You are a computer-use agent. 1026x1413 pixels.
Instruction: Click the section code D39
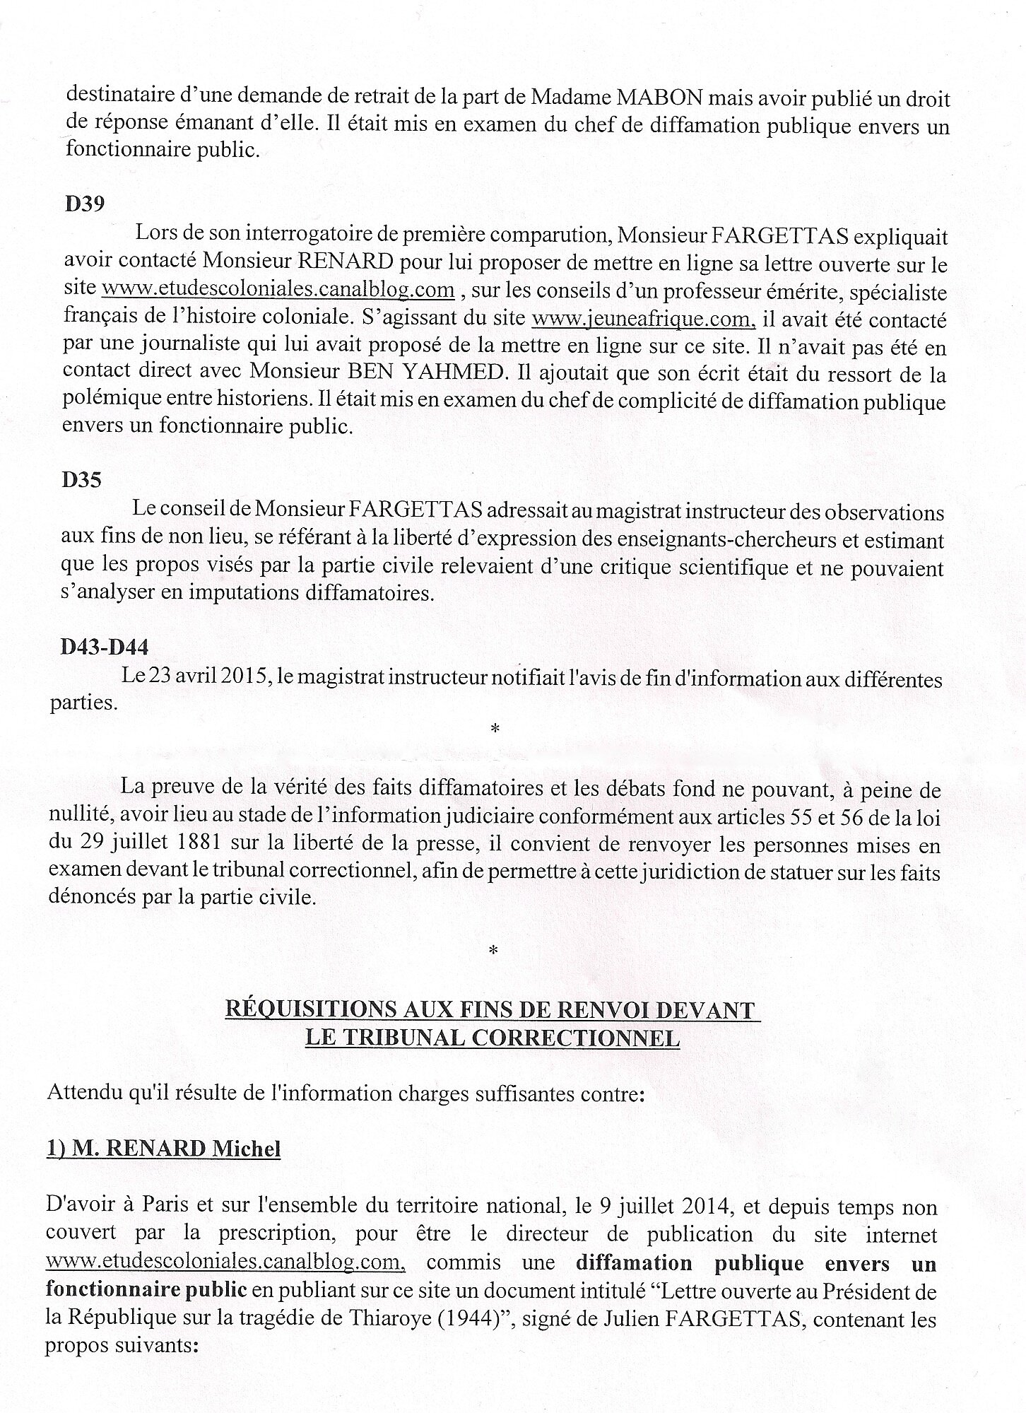coord(84,204)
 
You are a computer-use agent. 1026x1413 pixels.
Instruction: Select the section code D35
coord(82,480)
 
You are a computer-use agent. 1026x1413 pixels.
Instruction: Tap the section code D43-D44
coord(105,647)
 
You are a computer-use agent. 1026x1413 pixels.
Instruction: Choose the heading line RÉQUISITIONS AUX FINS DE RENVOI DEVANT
coord(492,1010)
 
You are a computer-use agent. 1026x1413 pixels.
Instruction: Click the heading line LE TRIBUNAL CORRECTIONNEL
coord(492,1038)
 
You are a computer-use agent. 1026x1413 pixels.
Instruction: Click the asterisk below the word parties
coord(494,728)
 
